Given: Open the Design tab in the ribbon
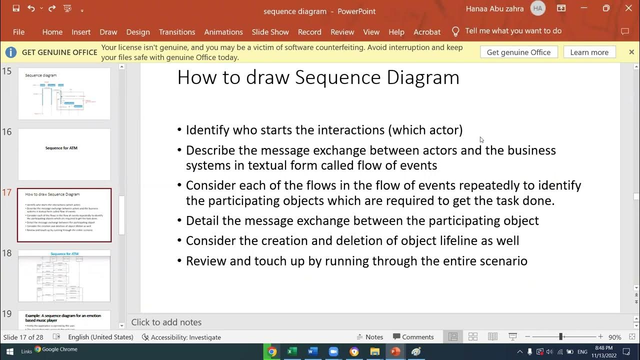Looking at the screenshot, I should pyautogui.click(x=138, y=32).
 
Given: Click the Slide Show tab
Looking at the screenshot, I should pyautogui.click(x=270, y=32).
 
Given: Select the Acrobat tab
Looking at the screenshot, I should pyautogui.click(x=427, y=32).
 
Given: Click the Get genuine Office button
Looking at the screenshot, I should pyautogui.click(x=518, y=52).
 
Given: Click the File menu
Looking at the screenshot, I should pyautogui.click(x=18, y=32).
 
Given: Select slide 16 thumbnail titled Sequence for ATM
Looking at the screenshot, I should pyautogui.click(x=64, y=154).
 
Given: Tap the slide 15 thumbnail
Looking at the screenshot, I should pyautogui.click(x=64, y=93).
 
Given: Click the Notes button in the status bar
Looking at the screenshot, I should pyautogui.click(x=369, y=337).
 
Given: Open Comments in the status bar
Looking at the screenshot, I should pyautogui.click(x=413, y=337).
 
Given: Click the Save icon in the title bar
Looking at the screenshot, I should pyautogui.click(x=16, y=8).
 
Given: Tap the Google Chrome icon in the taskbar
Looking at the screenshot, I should pyautogui.click(x=272, y=351).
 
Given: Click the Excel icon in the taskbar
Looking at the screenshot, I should pyautogui.click(x=292, y=351).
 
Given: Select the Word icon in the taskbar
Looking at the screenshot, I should pyautogui.click(x=313, y=351).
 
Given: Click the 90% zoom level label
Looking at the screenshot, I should pyautogui.click(x=614, y=337).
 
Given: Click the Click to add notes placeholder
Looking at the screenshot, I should pyautogui.click(x=166, y=322).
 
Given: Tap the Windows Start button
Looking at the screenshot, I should pyautogui.click(x=9, y=351).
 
